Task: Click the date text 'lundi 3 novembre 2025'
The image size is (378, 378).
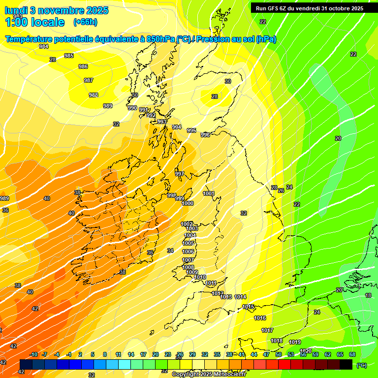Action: point(57,10)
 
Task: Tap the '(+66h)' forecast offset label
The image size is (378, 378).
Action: point(85,22)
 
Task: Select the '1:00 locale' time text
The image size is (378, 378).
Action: point(34,22)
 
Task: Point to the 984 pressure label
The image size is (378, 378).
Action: point(44,47)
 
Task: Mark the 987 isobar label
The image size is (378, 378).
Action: point(89,80)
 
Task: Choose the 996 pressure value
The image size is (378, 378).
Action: point(205,135)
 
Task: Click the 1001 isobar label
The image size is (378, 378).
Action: point(209,193)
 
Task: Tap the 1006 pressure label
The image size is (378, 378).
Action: point(189,252)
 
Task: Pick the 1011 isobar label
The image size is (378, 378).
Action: point(211,283)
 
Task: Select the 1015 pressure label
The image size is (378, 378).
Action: point(248,307)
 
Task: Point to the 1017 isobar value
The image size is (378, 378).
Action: point(267,330)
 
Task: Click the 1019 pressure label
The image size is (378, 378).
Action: point(295,342)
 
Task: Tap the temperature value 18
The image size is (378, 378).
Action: point(368,295)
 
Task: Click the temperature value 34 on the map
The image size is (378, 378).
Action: point(170,251)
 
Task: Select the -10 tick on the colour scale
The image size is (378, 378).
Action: point(33,354)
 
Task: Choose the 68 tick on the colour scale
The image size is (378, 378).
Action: point(352,354)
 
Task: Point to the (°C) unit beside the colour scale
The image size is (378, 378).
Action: point(362,365)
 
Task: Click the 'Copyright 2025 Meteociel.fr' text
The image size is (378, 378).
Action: point(209,374)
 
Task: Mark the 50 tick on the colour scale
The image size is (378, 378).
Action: point(279,354)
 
